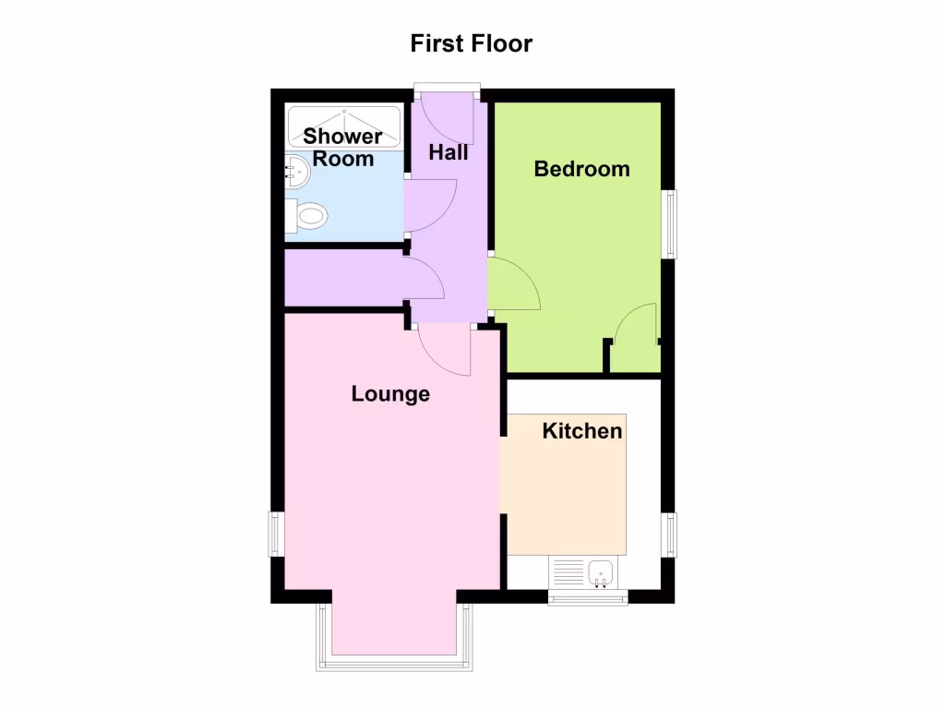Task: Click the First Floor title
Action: coord(472,43)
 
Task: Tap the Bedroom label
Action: coord(582,169)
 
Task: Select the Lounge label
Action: coord(390,394)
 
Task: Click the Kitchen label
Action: coord(581,431)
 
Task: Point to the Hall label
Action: coord(449,152)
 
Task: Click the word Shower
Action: coord(343,137)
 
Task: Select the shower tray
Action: coord(344,126)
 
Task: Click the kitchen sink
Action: coord(602,573)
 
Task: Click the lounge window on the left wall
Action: coord(274,534)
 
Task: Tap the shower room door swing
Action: coord(429,207)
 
